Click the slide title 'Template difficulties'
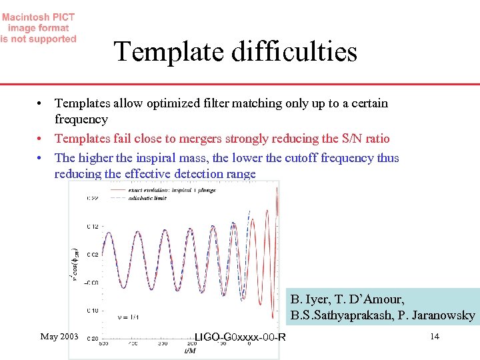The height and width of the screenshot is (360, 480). point(235,52)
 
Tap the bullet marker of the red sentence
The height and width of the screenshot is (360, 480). point(41,139)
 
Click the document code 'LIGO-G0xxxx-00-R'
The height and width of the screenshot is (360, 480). point(240,337)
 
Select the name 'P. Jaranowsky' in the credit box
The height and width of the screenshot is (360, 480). point(439,315)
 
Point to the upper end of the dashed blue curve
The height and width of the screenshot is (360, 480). point(249,212)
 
